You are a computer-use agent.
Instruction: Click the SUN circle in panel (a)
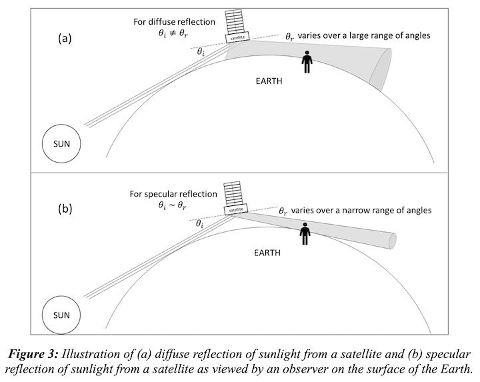[62, 143]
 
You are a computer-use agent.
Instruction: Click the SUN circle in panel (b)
[62, 313]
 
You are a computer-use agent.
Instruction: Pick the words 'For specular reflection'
[174, 194]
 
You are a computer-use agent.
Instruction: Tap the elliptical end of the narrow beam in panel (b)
[393, 238]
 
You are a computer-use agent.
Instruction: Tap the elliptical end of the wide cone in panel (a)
[385, 68]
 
